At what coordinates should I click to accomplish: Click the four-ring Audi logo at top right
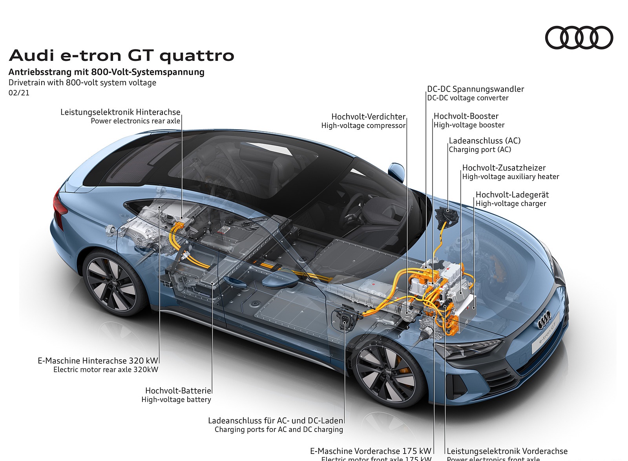click(579, 38)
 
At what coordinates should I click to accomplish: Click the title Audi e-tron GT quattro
click(121, 56)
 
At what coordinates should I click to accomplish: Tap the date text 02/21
click(19, 93)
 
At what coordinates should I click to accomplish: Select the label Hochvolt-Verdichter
click(368, 117)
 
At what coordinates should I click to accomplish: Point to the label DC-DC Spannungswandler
click(476, 89)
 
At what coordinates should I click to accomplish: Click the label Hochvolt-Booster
click(466, 116)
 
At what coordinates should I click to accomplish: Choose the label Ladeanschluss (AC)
click(485, 141)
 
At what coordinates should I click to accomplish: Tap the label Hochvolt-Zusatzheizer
click(504, 168)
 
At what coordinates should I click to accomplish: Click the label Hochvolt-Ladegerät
click(512, 195)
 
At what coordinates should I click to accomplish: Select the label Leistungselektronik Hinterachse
click(120, 112)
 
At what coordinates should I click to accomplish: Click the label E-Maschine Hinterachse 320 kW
click(98, 360)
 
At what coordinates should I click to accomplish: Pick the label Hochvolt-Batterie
click(178, 391)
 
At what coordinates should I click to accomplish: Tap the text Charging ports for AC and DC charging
click(279, 430)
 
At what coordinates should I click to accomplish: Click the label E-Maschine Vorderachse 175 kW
click(371, 451)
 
